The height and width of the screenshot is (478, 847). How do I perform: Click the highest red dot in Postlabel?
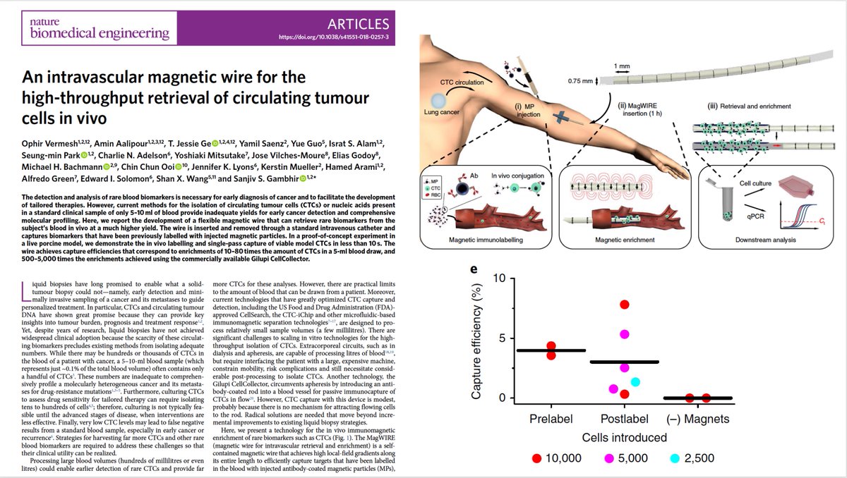625,304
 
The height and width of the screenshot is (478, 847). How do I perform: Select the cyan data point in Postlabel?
635,382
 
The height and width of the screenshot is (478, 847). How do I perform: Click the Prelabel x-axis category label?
551,419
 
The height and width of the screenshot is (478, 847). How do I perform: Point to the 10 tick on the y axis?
499,278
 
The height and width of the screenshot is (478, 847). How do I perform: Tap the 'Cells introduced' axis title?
621,438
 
